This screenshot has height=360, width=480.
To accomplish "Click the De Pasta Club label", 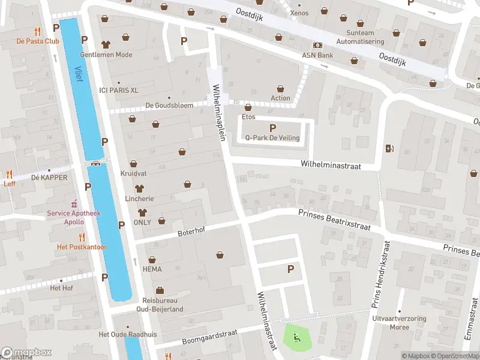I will pos(37,41).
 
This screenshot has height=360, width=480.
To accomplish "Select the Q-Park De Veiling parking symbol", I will pos(273,128).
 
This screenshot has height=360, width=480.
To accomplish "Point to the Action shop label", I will pos(280,98).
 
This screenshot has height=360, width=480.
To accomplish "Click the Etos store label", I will pos(248,116).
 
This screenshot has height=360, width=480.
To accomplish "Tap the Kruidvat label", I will pos(133,172).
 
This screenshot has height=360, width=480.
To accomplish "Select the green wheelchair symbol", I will pos(296,338).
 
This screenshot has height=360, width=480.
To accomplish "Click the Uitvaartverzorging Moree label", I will pos(391,323).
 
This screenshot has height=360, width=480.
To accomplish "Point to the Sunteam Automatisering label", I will pos(360,37).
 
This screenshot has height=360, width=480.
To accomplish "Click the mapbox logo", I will pos(26,353).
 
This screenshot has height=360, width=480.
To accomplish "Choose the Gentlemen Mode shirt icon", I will pos(106,44).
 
